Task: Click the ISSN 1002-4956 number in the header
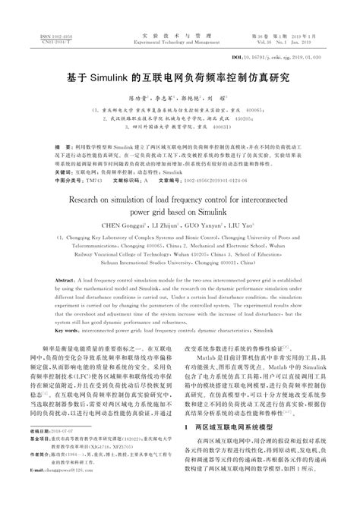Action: pyautogui.click(x=46, y=35)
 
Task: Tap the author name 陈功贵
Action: pyautogui.click(x=134, y=98)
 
